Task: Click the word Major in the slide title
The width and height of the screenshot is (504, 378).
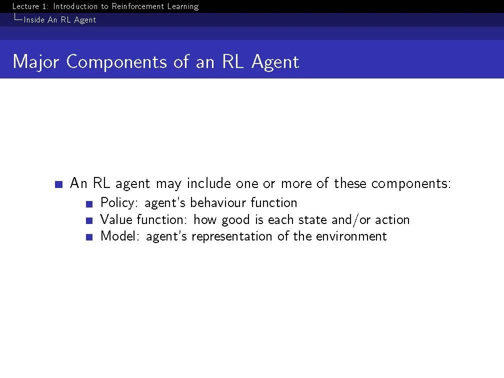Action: click(35, 61)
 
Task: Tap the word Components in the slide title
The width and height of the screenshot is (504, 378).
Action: click(116, 61)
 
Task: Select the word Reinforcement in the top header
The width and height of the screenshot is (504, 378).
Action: click(137, 6)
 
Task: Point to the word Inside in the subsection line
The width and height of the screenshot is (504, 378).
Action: click(34, 20)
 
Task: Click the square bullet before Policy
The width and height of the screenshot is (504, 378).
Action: click(89, 204)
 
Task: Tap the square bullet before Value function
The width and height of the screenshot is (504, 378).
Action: click(89, 220)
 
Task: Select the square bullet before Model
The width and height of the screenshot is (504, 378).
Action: click(89, 237)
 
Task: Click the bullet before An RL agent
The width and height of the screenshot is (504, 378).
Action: click(59, 184)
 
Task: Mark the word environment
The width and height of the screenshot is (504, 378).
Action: click(351, 236)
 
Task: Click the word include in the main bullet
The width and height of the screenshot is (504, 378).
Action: click(209, 183)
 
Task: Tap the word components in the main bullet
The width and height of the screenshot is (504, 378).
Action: click(411, 184)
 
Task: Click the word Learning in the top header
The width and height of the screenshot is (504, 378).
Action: click(183, 7)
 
